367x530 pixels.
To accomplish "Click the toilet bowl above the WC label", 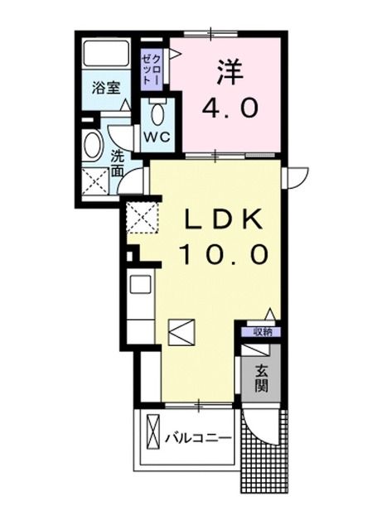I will [x=158, y=112].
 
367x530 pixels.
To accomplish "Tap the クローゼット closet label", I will [x=152, y=63].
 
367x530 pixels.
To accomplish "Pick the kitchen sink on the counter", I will [x=139, y=285].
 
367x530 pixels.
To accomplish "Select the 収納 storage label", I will [x=260, y=332].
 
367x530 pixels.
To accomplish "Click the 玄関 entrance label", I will [x=260, y=377].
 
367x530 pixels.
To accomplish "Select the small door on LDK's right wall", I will [x=293, y=175].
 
